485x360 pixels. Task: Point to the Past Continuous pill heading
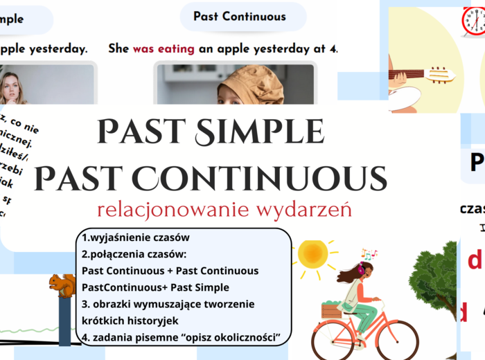click(239, 17)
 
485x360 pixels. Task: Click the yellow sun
click(312, 254)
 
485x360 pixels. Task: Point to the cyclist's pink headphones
click(360, 272)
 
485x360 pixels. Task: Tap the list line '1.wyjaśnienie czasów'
click(135, 237)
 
